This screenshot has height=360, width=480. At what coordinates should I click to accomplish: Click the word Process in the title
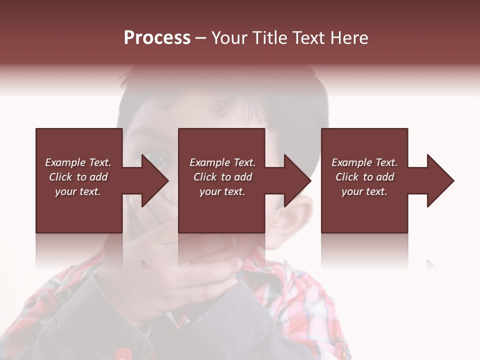(x=157, y=38)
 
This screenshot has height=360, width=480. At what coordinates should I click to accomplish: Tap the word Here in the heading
(x=349, y=38)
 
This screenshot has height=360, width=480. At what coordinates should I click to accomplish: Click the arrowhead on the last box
(x=439, y=180)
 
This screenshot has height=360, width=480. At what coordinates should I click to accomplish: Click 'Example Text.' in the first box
(x=78, y=162)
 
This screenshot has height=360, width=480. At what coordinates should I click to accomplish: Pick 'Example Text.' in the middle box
(x=222, y=162)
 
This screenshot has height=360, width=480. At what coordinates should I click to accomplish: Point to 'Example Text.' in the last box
(x=364, y=162)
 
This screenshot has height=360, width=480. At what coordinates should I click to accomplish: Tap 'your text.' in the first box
(x=78, y=191)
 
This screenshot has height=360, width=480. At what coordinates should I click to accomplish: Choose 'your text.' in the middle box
(x=222, y=191)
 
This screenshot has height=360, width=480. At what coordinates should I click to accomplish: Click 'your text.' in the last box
(x=364, y=191)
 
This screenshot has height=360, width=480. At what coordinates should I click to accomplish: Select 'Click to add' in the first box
(x=78, y=177)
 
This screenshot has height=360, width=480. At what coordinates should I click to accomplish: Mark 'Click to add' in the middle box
(x=222, y=177)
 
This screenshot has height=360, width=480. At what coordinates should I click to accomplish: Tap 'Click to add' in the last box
(x=364, y=177)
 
